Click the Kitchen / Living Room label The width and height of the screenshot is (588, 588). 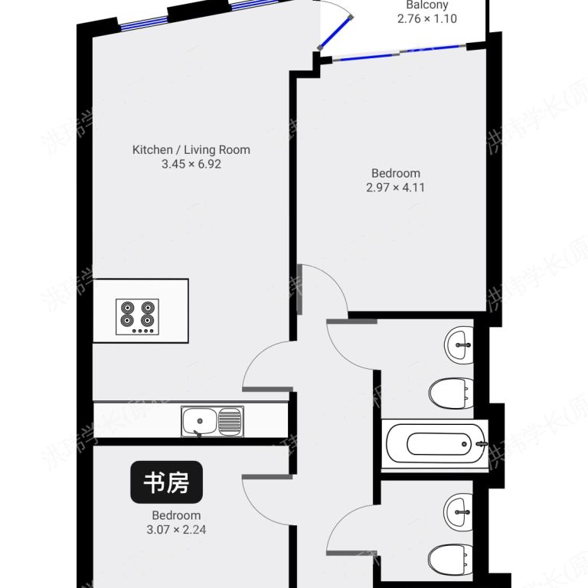191,150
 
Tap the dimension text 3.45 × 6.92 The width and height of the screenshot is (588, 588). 191,164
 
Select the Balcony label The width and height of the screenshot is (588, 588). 427,5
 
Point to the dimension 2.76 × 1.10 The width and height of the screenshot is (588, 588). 427,18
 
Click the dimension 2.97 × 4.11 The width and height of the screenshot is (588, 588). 395,187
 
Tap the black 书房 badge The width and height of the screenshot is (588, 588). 166,482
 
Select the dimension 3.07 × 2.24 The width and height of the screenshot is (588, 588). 176,529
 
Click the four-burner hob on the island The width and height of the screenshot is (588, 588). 138,315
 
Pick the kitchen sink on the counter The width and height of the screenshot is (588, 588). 212,422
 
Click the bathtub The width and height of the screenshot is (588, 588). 434,443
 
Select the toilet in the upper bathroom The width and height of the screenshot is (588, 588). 451,394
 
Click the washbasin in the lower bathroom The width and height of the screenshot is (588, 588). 461,508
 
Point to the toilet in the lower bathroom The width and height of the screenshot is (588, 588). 451,560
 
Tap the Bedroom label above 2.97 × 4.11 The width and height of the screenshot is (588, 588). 395,174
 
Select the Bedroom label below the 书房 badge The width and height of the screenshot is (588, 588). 176,515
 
